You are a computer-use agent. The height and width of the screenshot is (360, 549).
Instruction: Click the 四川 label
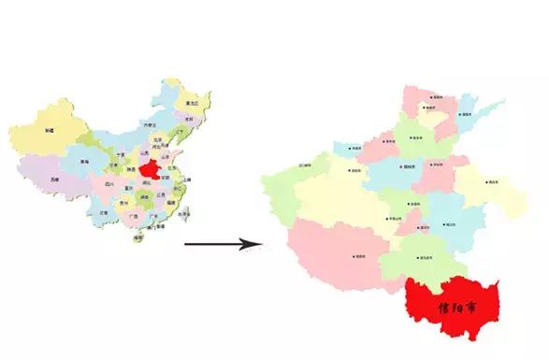[110, 185]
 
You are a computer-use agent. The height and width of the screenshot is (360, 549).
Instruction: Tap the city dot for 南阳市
[355, 255]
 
